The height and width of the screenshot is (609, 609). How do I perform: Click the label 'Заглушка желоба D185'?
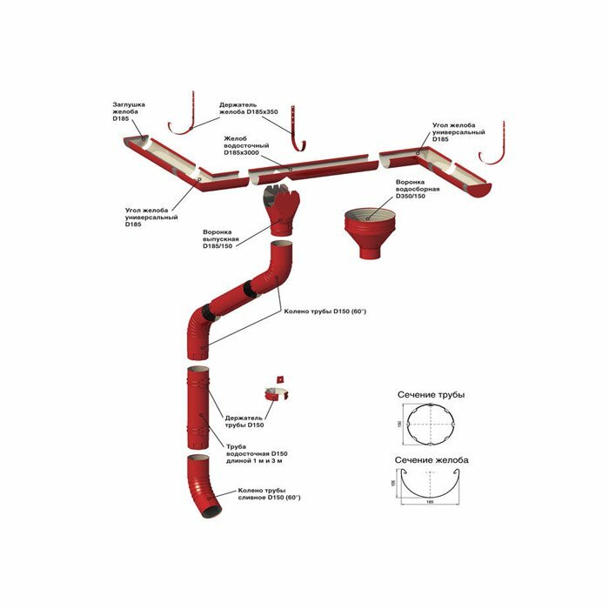coord(129,110)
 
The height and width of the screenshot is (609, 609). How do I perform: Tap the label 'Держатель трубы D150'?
coord(244,421)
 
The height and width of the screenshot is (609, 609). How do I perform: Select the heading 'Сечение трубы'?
coord(431,395)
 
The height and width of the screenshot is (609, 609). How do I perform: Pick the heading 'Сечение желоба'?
coord(432,460)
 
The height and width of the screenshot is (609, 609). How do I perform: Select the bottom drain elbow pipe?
coord(203,487)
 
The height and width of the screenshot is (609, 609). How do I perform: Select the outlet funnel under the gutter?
coord(280,209)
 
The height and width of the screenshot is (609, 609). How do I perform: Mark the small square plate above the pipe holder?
coord(281,378)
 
